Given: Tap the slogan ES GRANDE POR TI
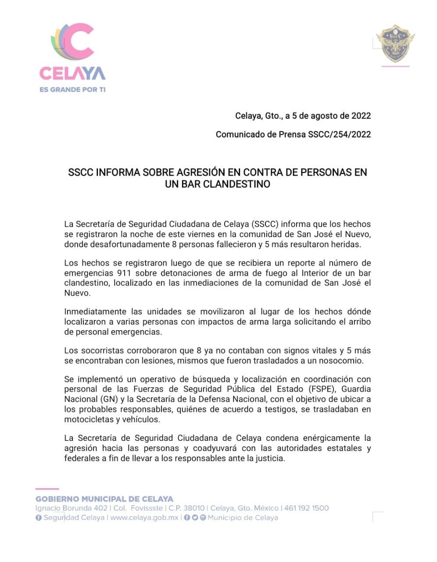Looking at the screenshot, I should pyautogui.click(x=72, y=90).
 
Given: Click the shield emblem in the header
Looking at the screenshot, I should pyautogui.click(x=395, y=43).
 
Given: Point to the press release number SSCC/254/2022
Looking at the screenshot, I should pyautogui.click(x=340, y=134).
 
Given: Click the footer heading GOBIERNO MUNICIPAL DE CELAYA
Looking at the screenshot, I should pyautogui.click(x=104, y=499).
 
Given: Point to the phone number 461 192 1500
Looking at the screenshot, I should pyautogui.click(x=306, y=508).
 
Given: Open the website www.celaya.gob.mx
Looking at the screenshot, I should pyautogui.click(x=144, y=518).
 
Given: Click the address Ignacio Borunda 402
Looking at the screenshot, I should pyautogui.click(x=72, y=508).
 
